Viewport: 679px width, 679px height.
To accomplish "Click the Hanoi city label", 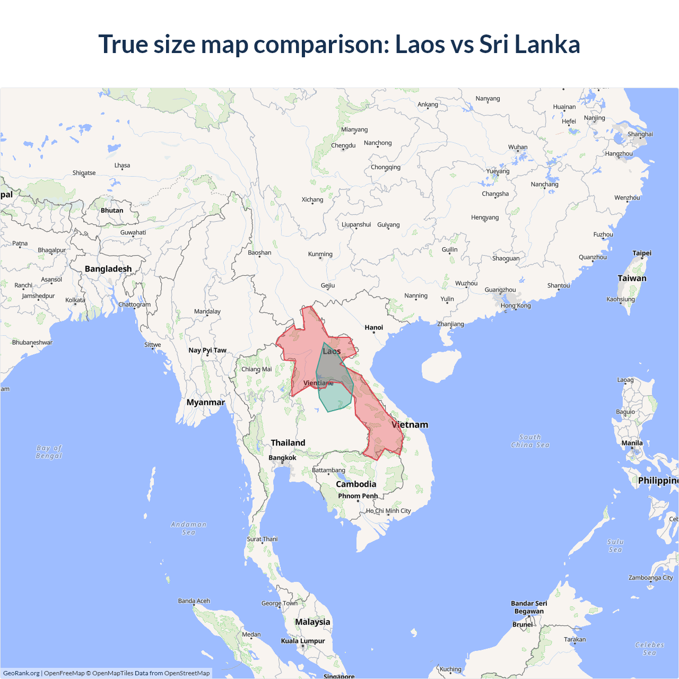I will pos(373,327).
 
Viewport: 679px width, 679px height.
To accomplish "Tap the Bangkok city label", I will pos(282,458).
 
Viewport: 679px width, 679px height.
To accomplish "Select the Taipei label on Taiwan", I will pos(642,253).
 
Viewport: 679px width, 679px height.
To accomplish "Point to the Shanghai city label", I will pos(640,134).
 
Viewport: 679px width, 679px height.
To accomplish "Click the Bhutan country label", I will pos(112,211).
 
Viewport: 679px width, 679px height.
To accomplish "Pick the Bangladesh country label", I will pos(108,269).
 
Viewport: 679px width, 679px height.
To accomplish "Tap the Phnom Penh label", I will pos(358,496).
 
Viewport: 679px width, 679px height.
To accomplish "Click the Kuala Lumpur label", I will pos(303,641).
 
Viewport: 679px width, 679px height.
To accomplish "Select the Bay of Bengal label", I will pos(49,452).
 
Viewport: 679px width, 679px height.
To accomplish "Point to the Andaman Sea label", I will pos(188,528).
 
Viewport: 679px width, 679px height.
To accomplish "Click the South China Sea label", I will pos(530,441).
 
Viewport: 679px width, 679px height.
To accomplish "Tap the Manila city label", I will pos(632,443).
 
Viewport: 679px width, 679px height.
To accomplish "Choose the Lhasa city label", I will pos(122,166).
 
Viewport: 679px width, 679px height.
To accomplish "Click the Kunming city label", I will pos(320,254).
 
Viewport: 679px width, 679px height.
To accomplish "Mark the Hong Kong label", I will pos(516,306).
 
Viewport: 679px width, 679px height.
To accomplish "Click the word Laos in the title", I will pos(420,44).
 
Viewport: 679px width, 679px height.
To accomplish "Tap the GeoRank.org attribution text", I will pos(21,673).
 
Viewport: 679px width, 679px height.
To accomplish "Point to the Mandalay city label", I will pos(207,311).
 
